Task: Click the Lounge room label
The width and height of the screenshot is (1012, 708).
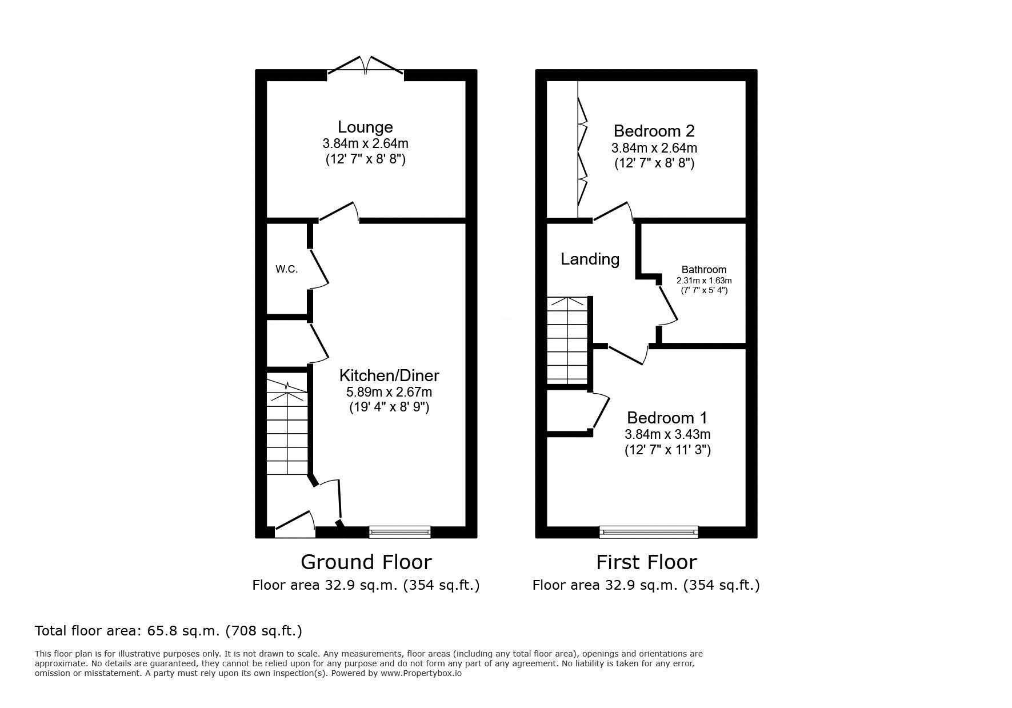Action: [x=365, y=127]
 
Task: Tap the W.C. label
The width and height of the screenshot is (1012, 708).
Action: [x=287, y=269]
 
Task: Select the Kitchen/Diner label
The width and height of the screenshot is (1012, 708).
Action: [x=389, y=375]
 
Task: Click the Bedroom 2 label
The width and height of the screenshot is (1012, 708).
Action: [x=654, y=131]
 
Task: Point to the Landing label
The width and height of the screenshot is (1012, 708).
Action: [x=590, y=259]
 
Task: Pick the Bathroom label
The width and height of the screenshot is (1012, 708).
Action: [x=704, y=270]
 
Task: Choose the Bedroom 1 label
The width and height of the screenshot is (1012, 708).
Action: [x=667, y=417]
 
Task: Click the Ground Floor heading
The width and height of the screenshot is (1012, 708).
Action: [x=366, y=562]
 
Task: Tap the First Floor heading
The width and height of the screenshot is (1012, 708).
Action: [x=646, y=562]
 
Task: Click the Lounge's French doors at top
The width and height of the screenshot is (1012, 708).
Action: [x=366, y=65]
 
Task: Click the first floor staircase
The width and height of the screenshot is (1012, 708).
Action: [x=567, y=341]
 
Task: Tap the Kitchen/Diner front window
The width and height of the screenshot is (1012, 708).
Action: [x=400, y=532]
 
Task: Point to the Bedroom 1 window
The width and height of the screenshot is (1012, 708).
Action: [x=649, y=532]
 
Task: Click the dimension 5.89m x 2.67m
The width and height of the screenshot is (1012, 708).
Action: [x=389, y=392]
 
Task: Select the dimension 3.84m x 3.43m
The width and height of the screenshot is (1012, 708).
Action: [x=667, y=434]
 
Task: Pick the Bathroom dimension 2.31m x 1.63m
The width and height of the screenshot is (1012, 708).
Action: [x=704, y=281]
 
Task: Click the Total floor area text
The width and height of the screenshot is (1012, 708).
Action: [x=169, y=631]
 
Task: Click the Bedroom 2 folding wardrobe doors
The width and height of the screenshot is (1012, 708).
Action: [x=582, y=151]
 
